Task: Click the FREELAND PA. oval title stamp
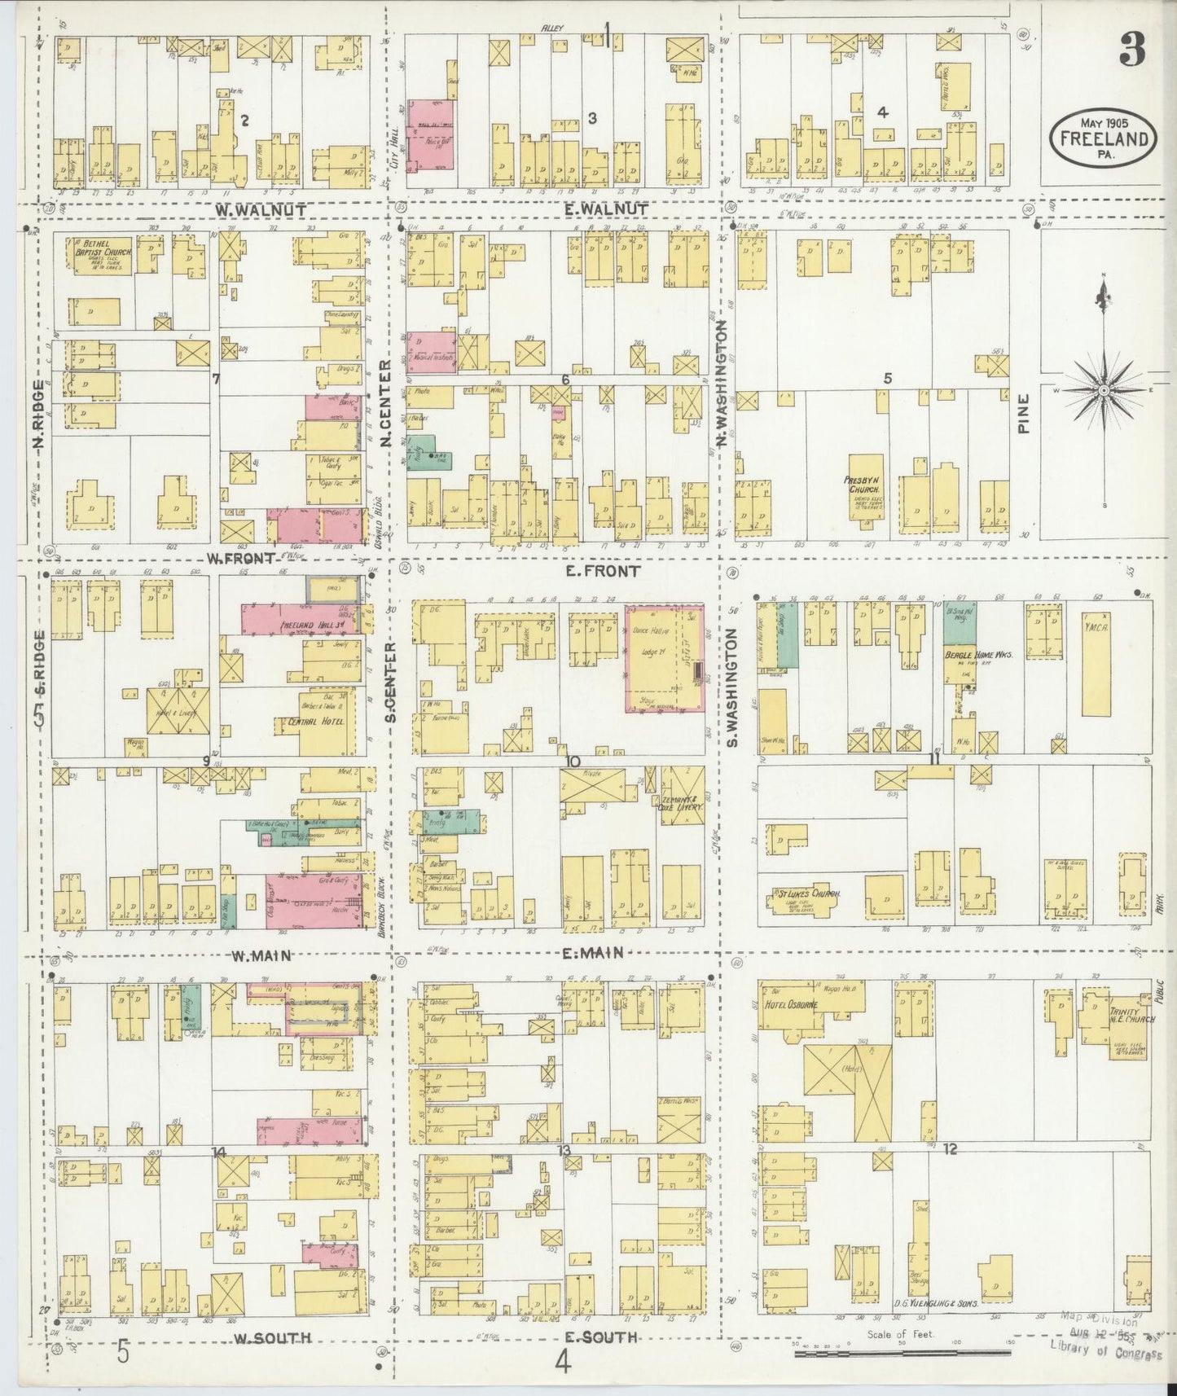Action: coord(1104,138)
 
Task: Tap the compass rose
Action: coord(1103,391)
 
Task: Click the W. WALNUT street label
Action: coord(261,210)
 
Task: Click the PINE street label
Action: coord(1025,413)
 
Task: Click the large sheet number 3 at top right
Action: coord(1131,50)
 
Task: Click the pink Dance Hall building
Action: coord(664,658)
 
